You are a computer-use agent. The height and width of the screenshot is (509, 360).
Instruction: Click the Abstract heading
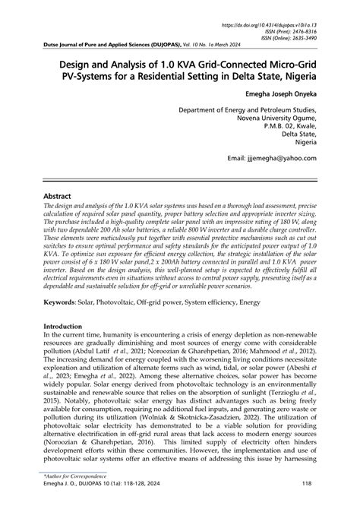click(58, 196)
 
